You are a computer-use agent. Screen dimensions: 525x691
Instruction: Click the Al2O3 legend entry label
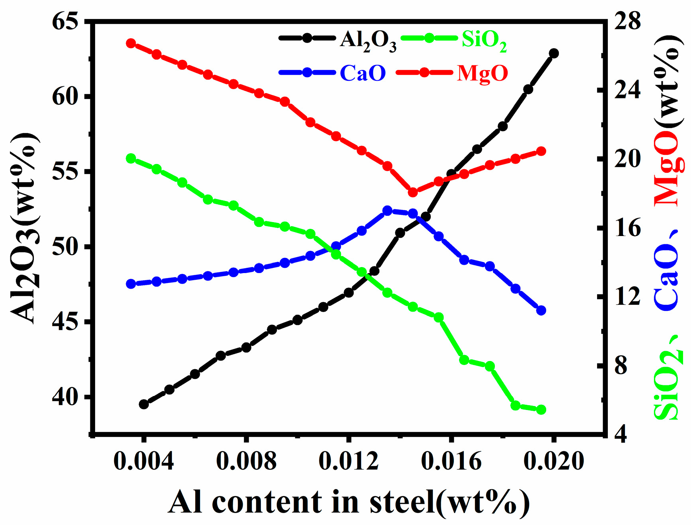(368, 41)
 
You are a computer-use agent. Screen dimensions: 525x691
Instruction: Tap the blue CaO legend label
(363, 73)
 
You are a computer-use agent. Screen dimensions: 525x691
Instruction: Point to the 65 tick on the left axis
(64, 21)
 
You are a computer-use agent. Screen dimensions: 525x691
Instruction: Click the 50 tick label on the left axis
(64, 247)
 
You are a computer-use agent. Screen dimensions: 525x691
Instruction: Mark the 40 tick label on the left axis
(64, 397)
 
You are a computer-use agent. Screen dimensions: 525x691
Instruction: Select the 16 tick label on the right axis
(628, 228)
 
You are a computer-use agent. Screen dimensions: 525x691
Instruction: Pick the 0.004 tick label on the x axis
(144, 462)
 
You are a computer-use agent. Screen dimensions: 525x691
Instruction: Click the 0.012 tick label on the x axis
(348, 462)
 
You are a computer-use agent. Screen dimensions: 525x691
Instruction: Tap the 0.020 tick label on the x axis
(554, 462)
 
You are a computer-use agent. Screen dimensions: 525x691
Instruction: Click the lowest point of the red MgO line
(413, 192)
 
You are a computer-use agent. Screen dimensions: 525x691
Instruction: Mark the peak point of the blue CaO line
(387, 211)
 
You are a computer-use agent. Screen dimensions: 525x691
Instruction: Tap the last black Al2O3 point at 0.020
(554, 53)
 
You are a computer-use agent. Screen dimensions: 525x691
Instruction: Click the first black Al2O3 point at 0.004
(144, 404)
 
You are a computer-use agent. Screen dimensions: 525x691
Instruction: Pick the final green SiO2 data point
(541, 410)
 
